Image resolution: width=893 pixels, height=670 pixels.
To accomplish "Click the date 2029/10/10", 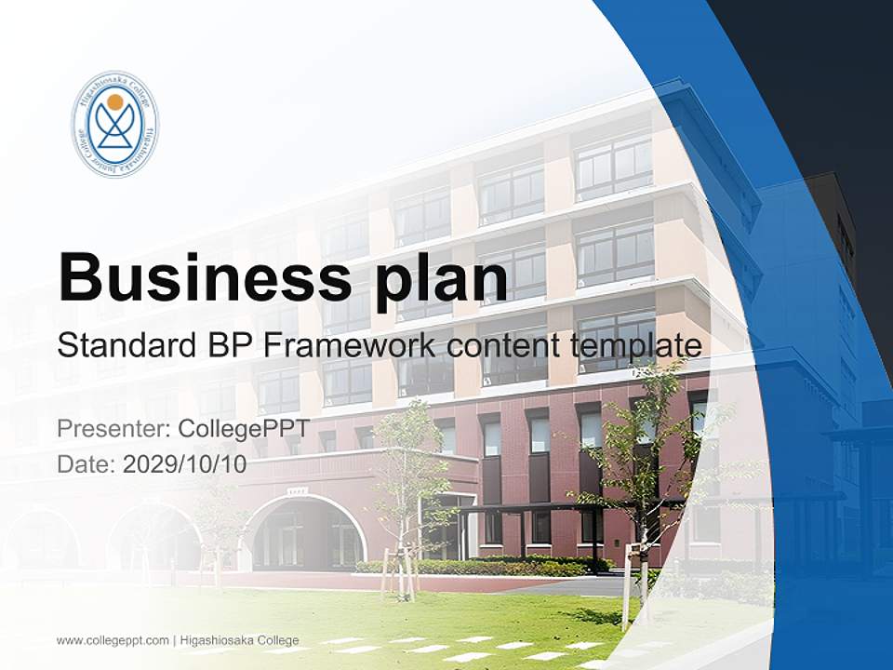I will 185,464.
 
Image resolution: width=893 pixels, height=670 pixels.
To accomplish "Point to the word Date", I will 86,464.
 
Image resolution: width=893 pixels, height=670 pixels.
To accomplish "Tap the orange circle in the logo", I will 114,100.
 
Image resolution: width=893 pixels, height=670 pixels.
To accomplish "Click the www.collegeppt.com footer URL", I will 113,640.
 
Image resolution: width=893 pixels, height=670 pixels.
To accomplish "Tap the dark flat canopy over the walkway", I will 558,507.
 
